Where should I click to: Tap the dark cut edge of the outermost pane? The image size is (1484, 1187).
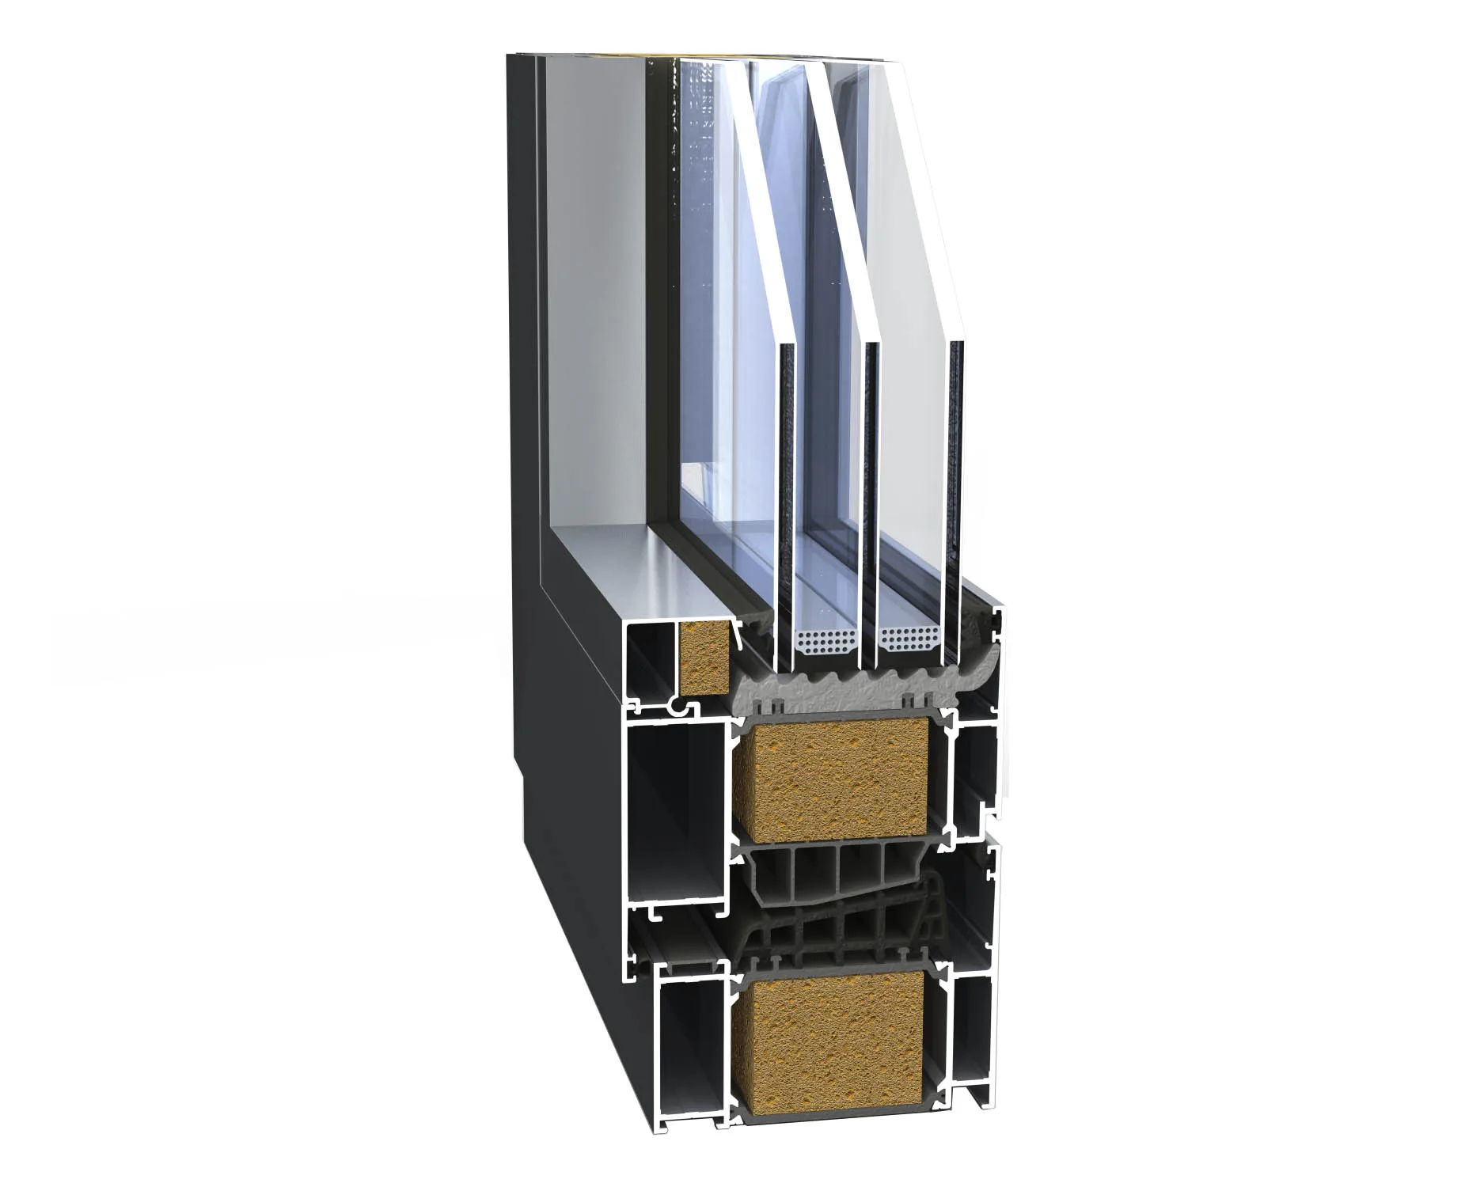957,475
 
